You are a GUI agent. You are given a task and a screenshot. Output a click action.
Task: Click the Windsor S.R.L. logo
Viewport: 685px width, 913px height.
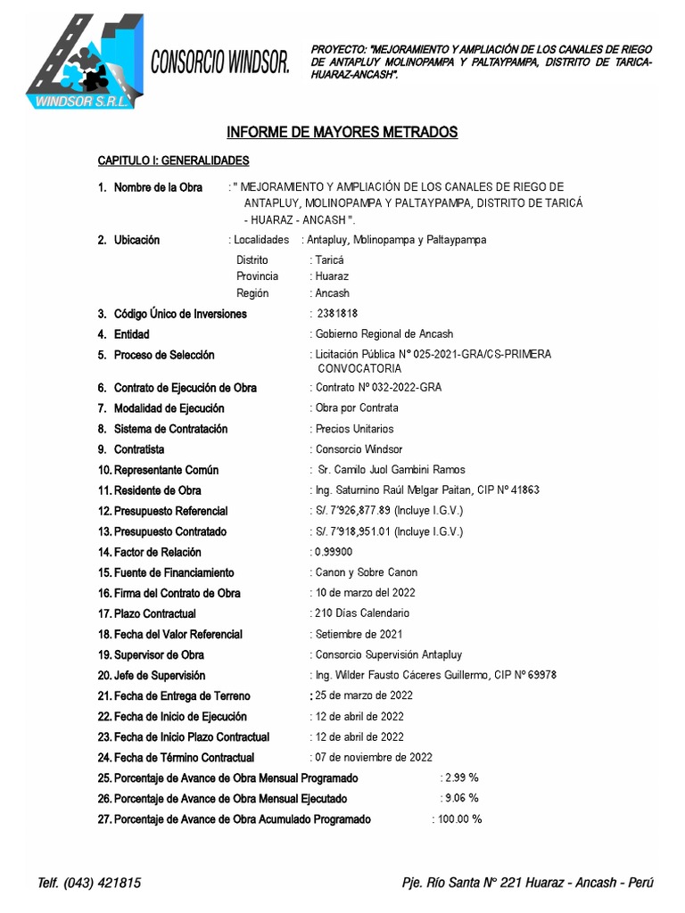81,62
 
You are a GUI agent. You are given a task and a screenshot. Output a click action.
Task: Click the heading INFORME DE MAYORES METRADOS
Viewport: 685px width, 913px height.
342,132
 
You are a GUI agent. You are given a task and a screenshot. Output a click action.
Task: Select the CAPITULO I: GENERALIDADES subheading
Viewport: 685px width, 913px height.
173,160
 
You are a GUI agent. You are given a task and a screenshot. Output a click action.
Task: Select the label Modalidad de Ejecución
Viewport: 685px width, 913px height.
169,408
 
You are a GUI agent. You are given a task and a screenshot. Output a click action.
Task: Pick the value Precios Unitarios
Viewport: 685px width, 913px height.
354,429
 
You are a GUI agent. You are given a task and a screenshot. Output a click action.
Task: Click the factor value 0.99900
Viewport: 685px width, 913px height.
332,552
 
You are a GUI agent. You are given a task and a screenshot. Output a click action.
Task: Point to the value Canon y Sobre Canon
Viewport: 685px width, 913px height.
366,572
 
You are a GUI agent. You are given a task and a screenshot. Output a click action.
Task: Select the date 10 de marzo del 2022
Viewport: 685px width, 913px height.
365,593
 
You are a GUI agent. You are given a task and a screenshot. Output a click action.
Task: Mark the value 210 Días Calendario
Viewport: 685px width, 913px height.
362,613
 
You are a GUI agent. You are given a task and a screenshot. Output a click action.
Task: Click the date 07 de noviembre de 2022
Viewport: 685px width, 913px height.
374,757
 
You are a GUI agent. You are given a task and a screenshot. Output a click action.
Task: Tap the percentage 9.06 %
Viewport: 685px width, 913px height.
461,798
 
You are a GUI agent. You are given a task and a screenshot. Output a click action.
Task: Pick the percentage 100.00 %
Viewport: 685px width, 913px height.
459,818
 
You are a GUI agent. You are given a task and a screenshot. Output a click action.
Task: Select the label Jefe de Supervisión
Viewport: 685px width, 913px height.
159,675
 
